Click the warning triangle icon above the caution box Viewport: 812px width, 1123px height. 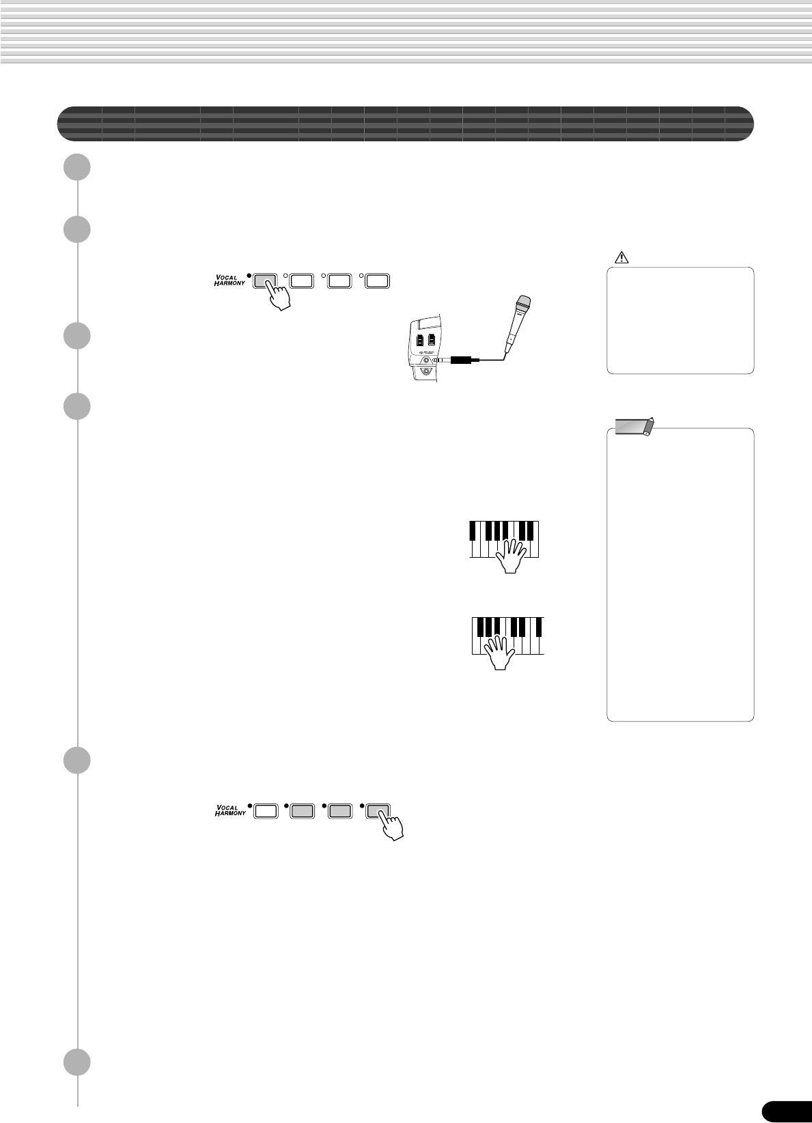point(621,257)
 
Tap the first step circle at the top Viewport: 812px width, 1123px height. point(78,167)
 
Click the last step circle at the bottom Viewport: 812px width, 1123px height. point(78,1062)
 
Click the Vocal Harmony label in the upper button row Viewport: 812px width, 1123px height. point(230,280)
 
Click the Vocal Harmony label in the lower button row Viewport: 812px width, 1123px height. point(230,810)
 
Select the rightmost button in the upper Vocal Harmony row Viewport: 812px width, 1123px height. point(377,280)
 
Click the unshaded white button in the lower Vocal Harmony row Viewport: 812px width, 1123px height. point(266,810)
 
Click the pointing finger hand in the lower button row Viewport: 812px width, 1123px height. point(391,825)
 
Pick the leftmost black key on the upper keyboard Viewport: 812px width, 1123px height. point(473,530)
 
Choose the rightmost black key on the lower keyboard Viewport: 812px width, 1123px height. point(539,626)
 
